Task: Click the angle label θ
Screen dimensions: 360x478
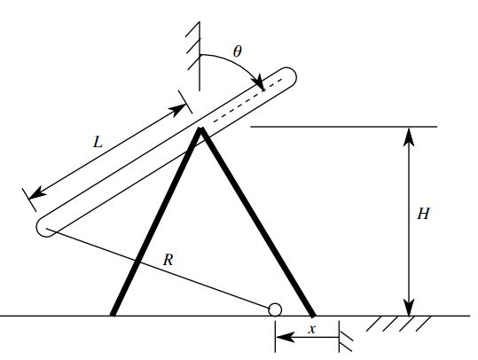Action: point(237,51)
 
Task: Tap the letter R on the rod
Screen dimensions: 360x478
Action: point(168,260)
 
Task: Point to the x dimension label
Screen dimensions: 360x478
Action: point(310,328)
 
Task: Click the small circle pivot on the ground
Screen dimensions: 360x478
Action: point(275,309)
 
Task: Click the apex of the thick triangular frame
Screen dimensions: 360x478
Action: point(202,130)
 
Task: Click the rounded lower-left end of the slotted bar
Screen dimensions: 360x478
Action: point(45,227)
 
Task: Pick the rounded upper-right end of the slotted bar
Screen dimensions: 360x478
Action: point(287,76)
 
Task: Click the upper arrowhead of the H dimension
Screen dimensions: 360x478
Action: point(408,134)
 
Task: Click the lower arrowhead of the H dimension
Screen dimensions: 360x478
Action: point(408,308)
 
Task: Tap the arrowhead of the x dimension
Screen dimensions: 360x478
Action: point(280,338)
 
